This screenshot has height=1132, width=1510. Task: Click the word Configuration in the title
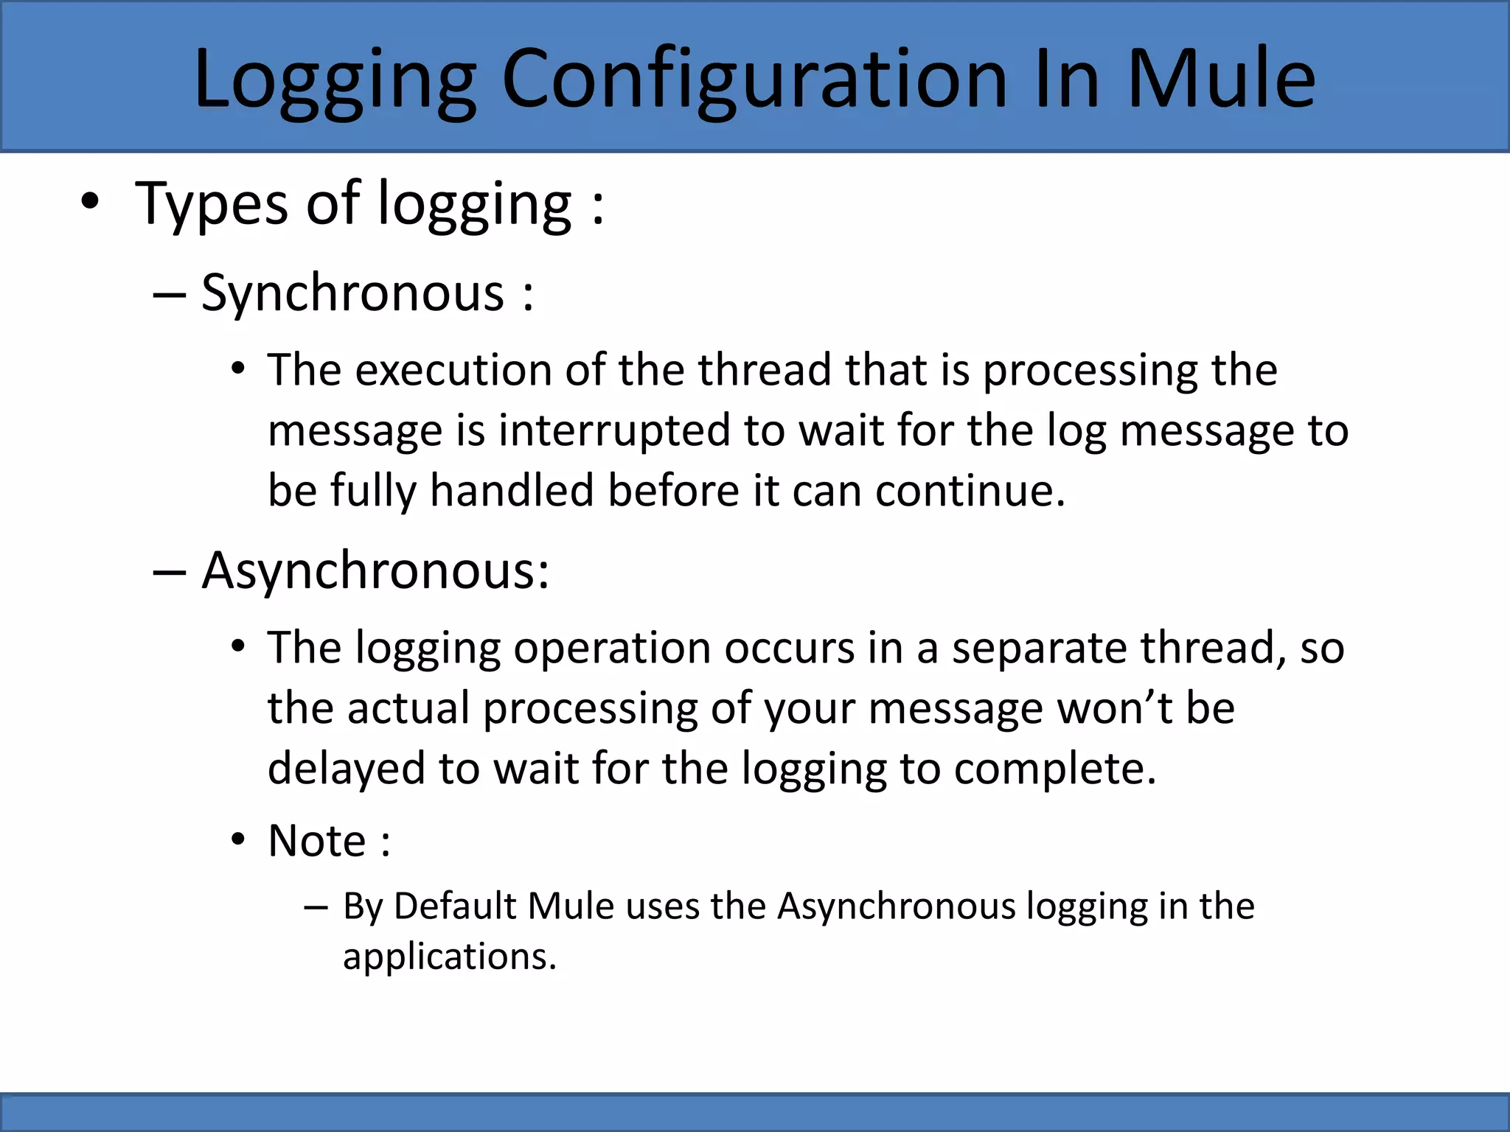point(754,79)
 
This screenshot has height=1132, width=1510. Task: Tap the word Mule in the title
point(1220,79)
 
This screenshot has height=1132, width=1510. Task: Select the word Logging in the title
point(335,79)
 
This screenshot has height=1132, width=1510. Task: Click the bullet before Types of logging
point(89,202)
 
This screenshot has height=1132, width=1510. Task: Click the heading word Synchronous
point(352,293)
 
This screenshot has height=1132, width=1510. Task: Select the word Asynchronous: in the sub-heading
point(375,571)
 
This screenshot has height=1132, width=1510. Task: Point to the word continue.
point(970,491)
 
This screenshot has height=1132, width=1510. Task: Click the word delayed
point(346,769)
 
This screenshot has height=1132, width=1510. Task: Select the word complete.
point(1054,769)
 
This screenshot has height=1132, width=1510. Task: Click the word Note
point(317,841)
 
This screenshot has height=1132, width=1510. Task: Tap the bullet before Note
point(237,839)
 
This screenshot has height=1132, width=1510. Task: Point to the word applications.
point(449,957)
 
